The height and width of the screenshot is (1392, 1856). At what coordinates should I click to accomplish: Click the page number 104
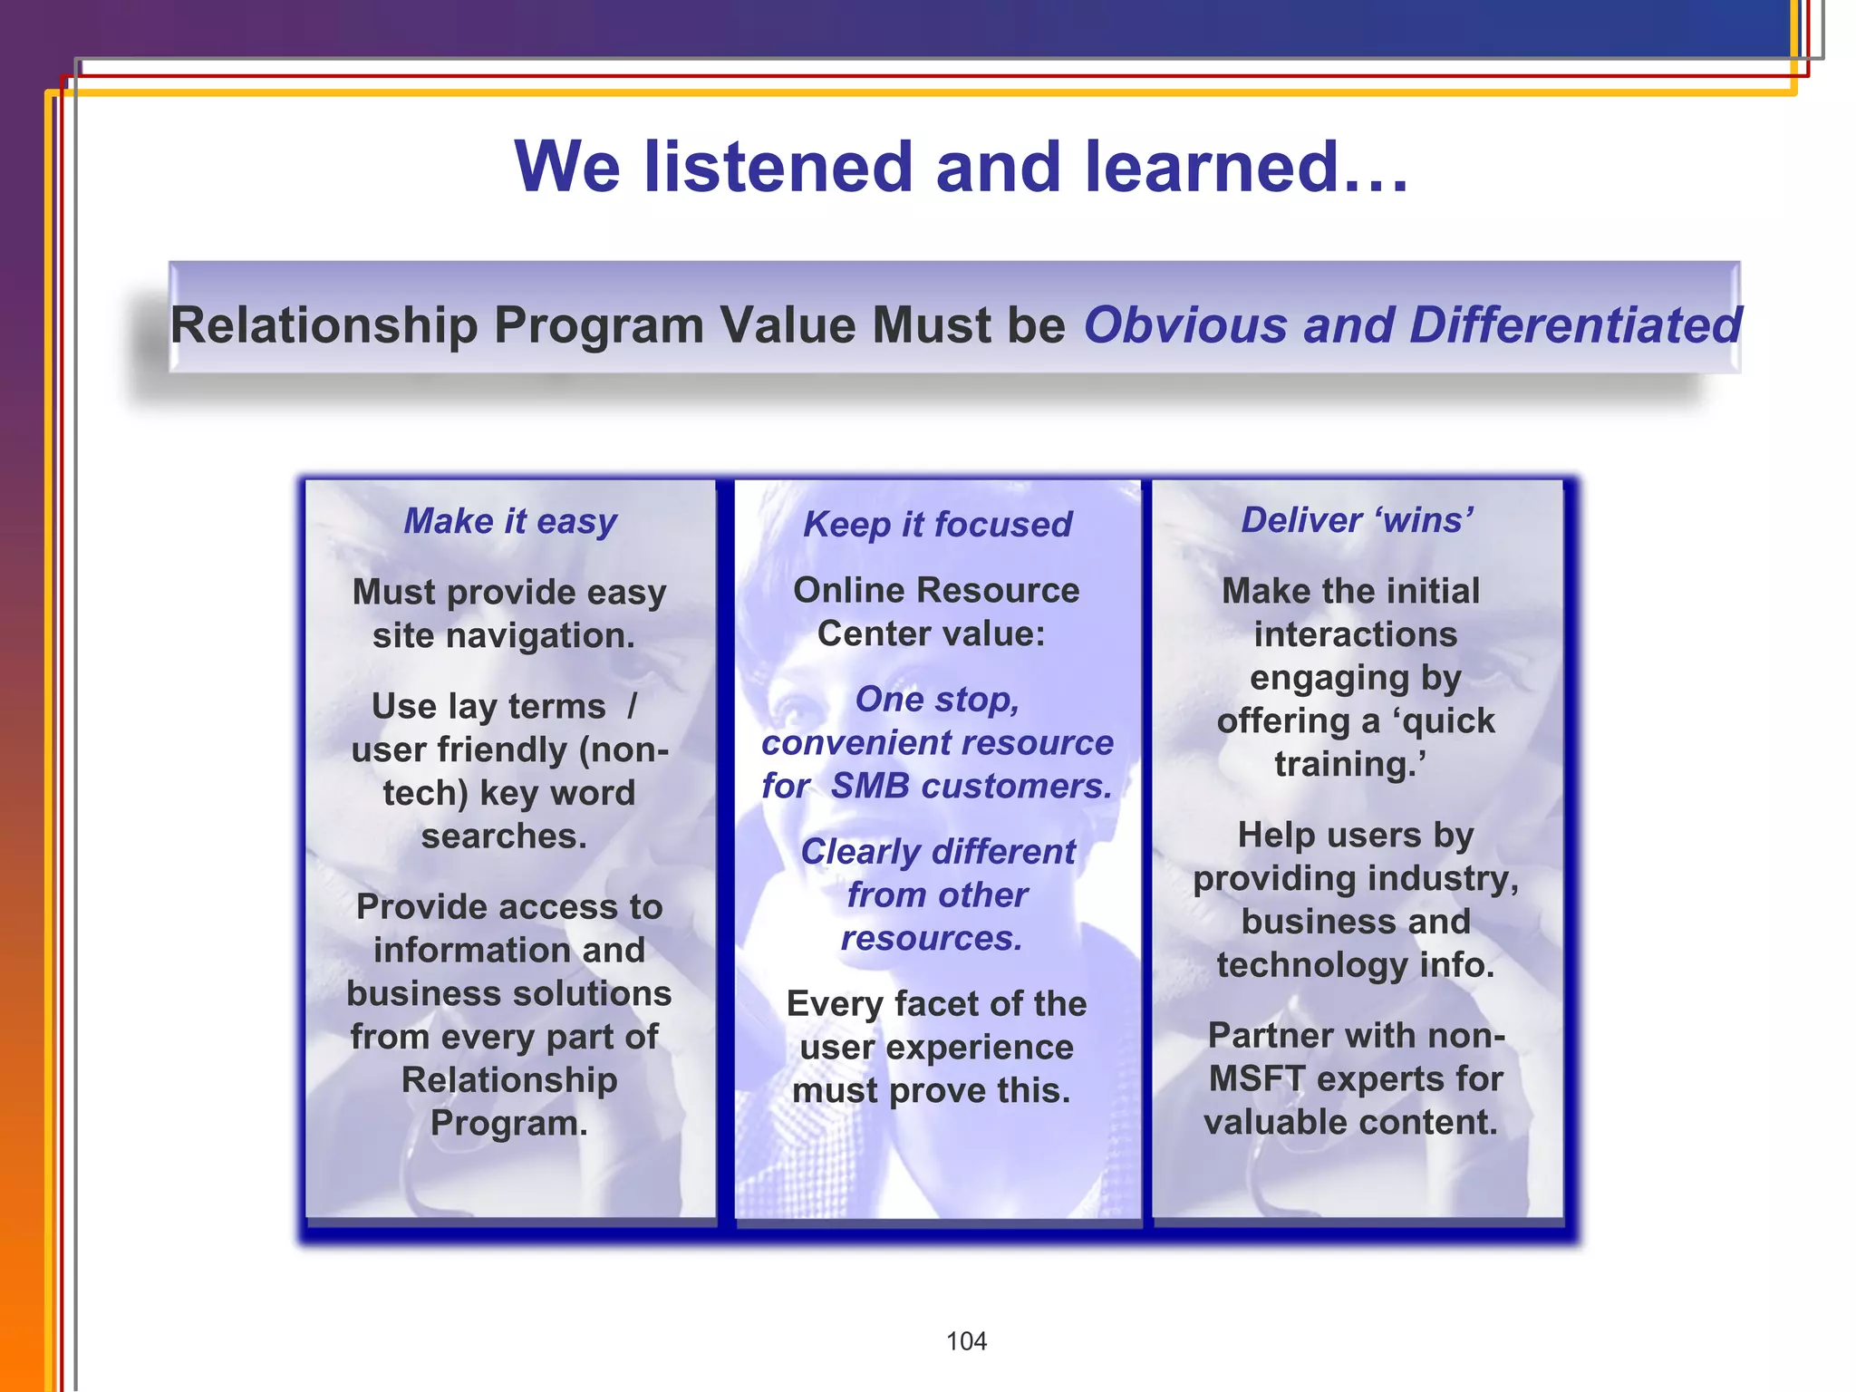coord(966,1341)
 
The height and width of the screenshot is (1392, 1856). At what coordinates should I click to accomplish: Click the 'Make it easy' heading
coord(510,522)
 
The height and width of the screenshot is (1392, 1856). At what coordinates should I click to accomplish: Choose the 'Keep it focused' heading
coord(937,525)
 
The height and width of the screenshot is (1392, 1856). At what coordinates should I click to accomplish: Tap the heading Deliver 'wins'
coord(1357,520)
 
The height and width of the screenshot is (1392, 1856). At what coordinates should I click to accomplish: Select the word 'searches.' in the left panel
coord(504,836)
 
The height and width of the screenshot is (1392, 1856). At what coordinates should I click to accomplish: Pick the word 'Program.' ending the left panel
coord(508,1123)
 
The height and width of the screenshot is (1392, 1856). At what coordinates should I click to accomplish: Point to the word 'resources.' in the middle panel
coord(932,939)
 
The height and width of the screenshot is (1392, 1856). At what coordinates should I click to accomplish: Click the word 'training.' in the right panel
coord(1349,764)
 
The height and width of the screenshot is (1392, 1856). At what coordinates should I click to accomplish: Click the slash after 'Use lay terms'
coord(632,706)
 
